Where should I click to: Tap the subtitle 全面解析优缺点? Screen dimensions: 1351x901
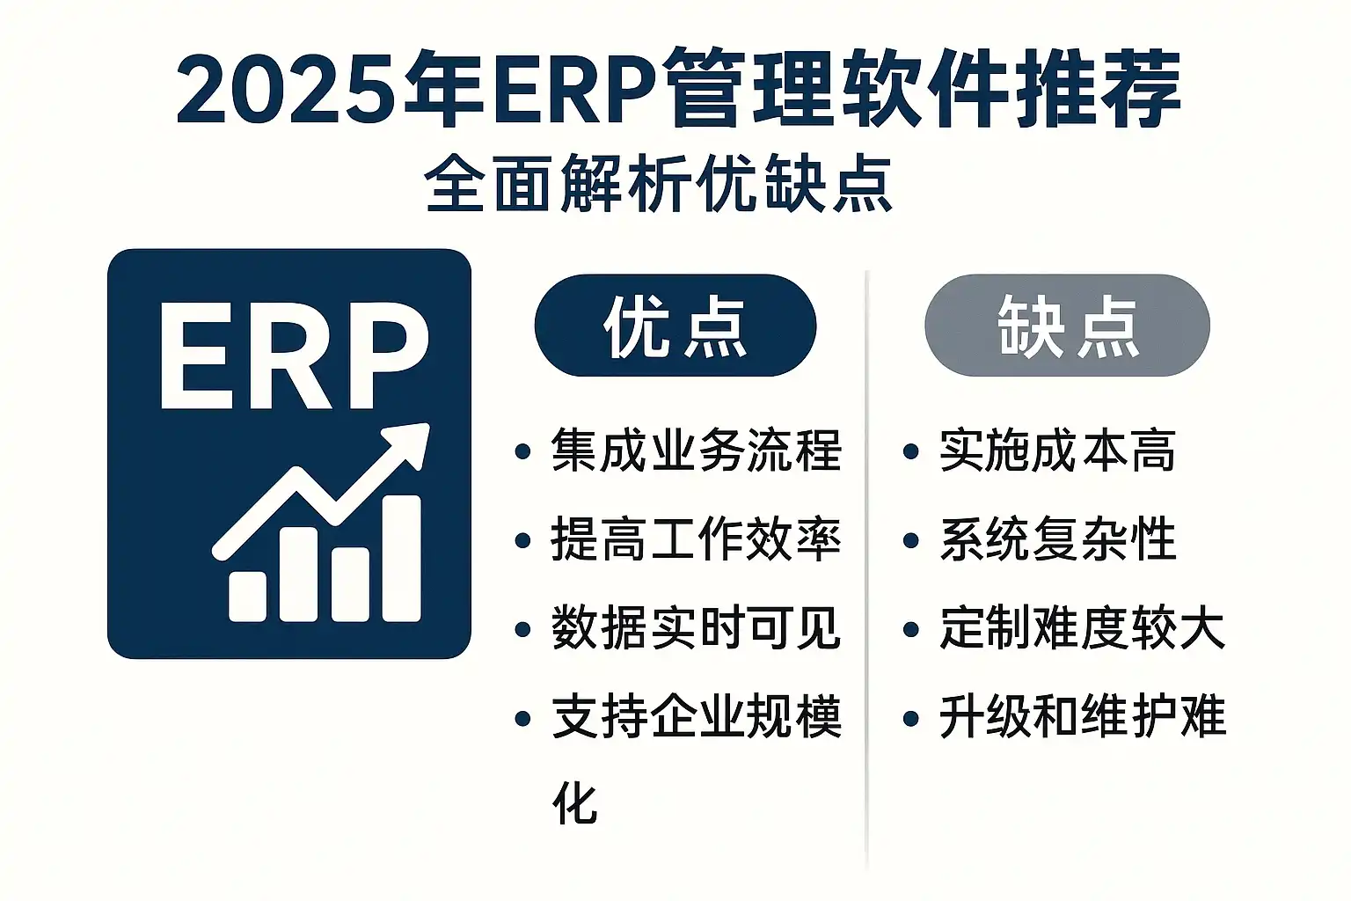[x=659, y=184]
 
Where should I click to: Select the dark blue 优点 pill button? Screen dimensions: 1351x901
[x=675, y=326]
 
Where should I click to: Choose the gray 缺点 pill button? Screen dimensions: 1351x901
[x=1067, y=326]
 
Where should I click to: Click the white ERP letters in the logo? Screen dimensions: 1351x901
[x=295, y=355]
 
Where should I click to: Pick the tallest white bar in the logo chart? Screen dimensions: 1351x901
[x=401, y=558]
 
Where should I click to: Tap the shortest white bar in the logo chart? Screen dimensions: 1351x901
[x=247, y=597]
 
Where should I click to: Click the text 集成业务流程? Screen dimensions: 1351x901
[x=697, y=450]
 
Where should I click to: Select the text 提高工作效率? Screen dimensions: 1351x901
[x=697, y=539]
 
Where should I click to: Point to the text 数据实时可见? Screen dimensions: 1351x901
[x=697, y=628]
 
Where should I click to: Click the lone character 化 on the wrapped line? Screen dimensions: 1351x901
[x=574, y=803]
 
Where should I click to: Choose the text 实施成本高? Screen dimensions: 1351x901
[x=1058, y=450]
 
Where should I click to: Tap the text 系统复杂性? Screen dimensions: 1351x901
[x=1058, y=539]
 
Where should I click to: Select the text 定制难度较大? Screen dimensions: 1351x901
[x=1083, y=628]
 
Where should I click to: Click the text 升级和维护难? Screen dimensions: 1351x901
[x=1083, y=717]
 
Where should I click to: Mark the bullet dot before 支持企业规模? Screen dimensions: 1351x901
[x=523, y=718]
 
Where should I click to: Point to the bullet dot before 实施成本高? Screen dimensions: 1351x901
[x=910, y=451]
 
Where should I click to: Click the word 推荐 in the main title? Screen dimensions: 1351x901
[x=1098, y=89]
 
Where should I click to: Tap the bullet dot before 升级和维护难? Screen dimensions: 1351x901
[x=910, y=718]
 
